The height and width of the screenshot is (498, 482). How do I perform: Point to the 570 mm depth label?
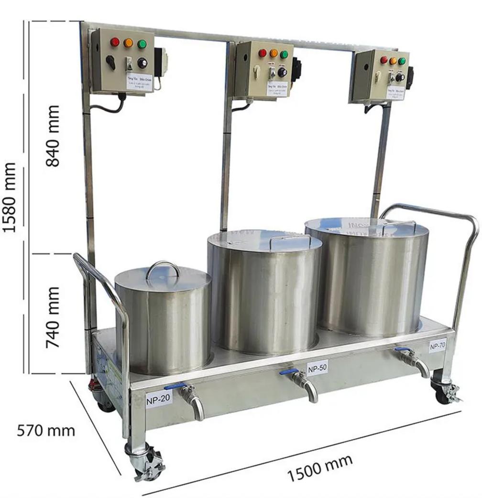click(x=46, y=430)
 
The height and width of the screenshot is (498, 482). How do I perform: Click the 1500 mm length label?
click(x=320, y=468)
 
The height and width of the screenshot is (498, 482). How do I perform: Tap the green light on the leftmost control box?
click(x=142, y=44)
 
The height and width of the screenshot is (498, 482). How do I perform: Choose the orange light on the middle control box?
click(x=274, y=53)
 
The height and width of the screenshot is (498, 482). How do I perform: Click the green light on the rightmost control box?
click(x=402, y=61)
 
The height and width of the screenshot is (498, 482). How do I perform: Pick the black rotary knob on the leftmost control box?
click(x=142, y=63)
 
